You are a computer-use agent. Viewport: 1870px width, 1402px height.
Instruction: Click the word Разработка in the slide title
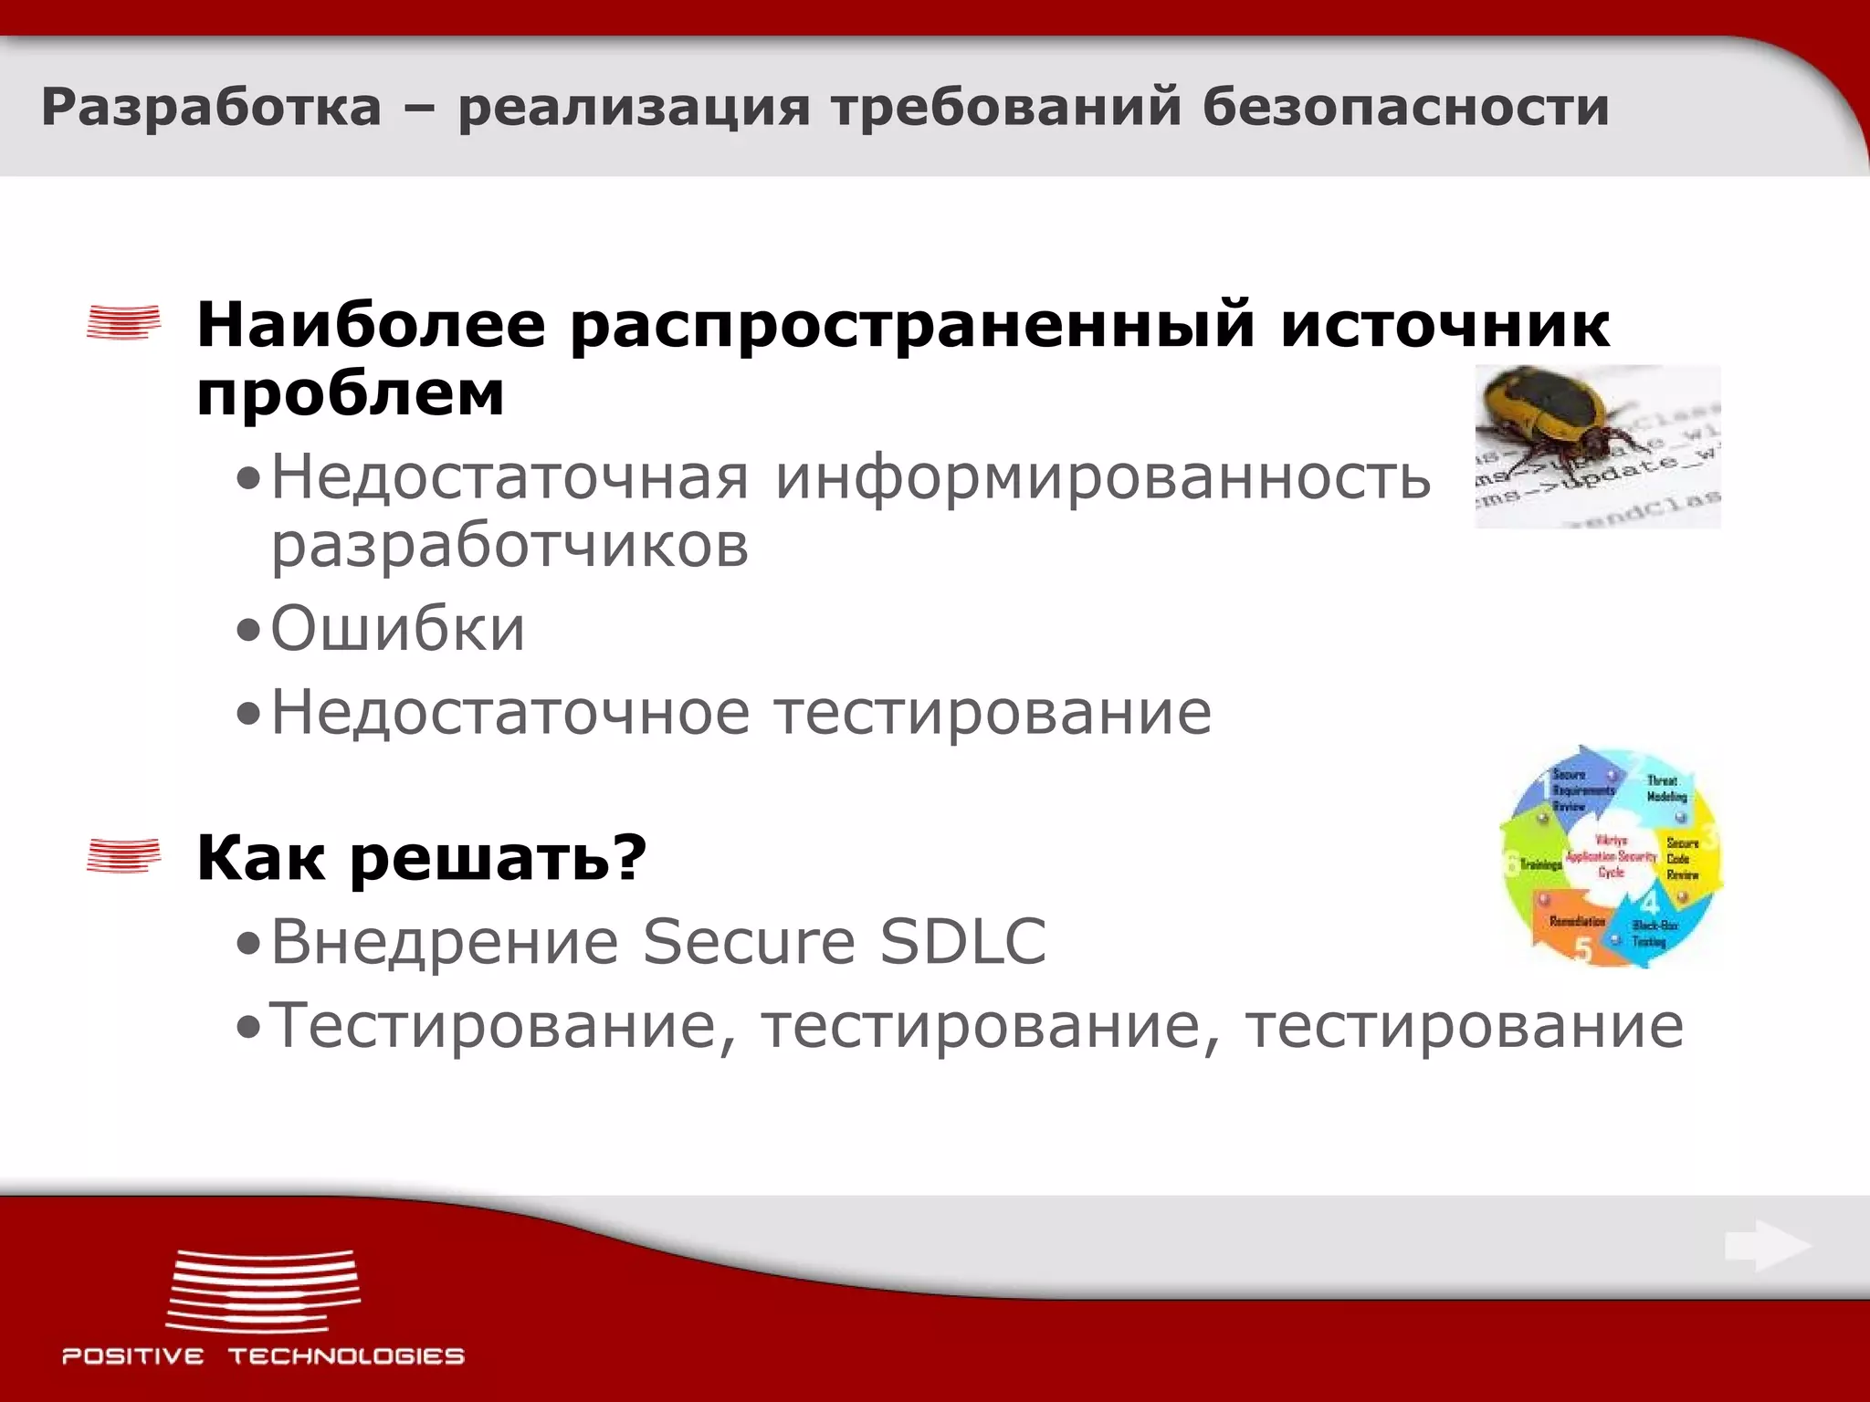(211, 107)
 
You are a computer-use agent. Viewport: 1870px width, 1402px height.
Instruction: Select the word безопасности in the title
(1405, 107)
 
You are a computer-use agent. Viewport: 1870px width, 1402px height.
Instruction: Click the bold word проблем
(351, 394)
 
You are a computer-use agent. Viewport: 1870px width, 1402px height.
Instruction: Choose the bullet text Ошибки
(398, 629)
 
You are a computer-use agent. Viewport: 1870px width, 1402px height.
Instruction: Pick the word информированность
(1102, 477)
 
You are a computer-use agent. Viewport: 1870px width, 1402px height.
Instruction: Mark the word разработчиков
(510, 546)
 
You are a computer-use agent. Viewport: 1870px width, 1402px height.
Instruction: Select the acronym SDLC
(962, 941)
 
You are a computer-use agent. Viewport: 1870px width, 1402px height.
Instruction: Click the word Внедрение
(445, 941)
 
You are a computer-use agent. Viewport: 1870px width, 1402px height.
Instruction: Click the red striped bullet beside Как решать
(123, 856)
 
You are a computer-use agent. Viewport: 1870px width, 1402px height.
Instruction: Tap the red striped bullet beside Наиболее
(123, 322)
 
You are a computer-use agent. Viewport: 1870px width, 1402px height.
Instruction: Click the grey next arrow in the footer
(1767, 1246)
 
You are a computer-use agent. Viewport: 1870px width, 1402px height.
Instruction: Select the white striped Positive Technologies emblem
(263, 1291)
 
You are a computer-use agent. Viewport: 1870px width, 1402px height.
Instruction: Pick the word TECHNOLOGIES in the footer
(346, 1356)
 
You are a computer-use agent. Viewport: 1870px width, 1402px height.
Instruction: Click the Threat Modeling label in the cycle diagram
(1665, 789)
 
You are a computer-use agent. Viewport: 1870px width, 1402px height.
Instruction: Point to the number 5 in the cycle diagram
(1582, 952)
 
